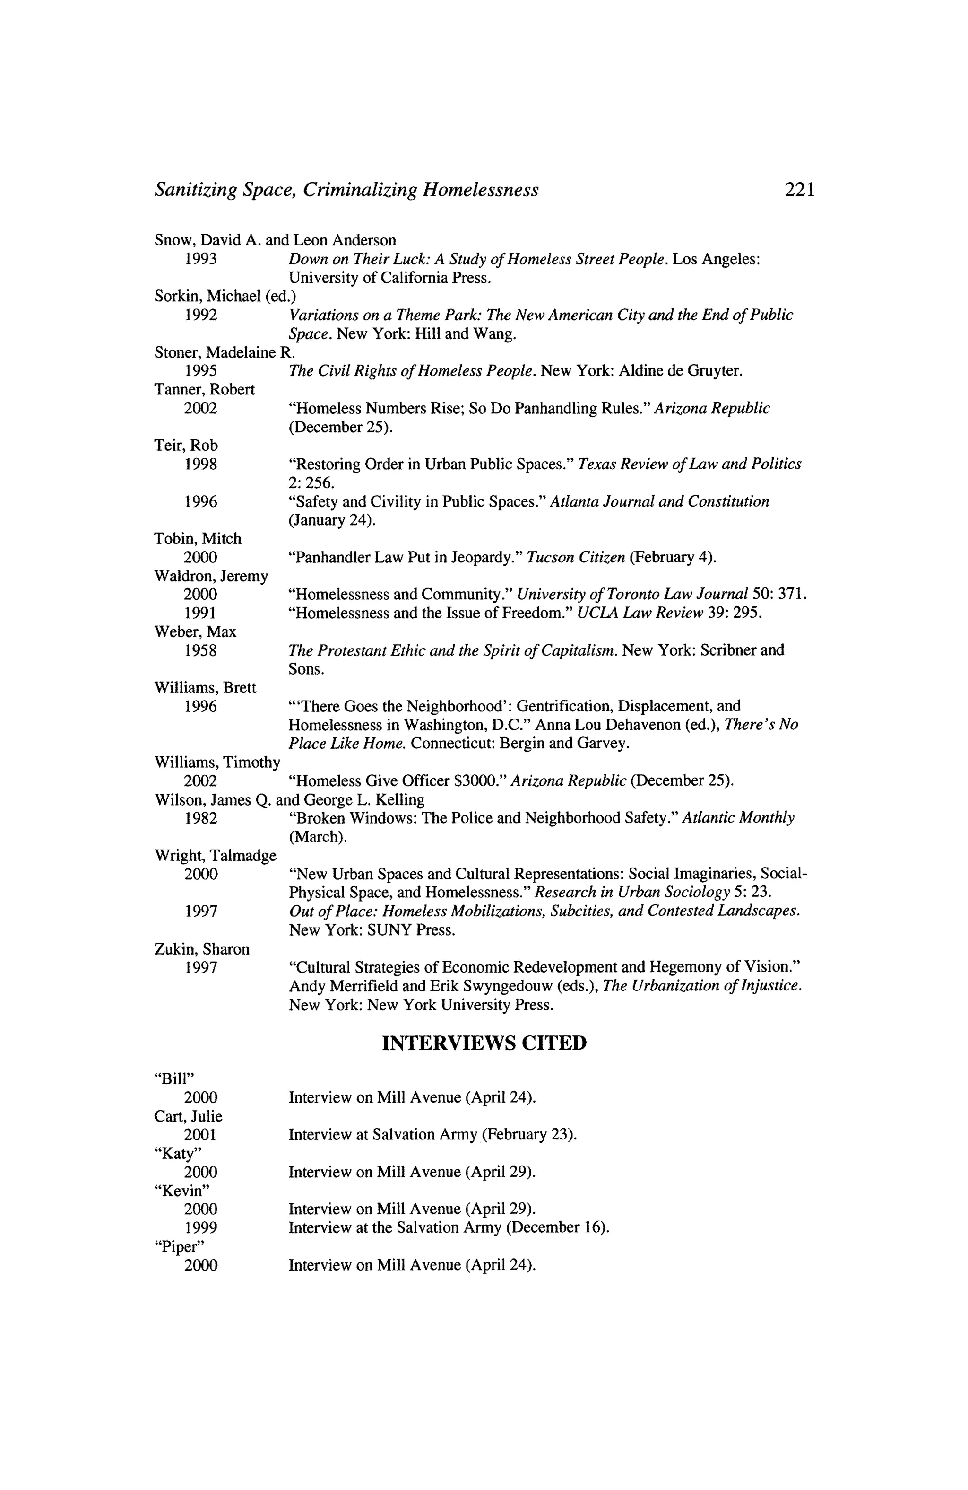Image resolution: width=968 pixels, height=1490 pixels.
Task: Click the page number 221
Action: pyautogui.click(x=799, y=189)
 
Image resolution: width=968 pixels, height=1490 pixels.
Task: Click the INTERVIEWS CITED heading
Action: pyautogui.click(x=484, y=1043)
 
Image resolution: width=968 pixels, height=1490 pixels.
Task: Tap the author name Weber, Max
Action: pyautogui.click(x=195, y=631)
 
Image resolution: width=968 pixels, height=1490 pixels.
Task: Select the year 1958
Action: pyautogui.click(x=201, y=650)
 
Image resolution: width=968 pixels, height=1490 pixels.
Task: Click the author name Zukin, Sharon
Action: pyautogui.click(x=201, y=949)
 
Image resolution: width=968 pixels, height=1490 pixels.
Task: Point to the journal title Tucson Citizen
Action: pyautogui.click(x=576, y=557)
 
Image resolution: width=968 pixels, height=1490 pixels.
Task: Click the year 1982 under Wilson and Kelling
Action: pyautogui.click(x=201, y=818)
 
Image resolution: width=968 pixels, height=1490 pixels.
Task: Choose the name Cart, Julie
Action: pyautogui.click(x=188, y=1116)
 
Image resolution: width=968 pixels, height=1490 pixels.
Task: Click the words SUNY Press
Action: pyautogui.click(x=410, y=930)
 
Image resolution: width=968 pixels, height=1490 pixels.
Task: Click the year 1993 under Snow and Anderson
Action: pyautogui.click(x=201, y=259)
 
